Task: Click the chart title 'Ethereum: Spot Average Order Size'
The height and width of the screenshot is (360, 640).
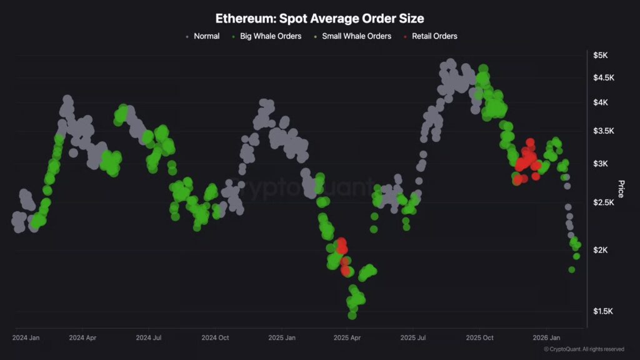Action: pyautogui.click(x=319, y=18)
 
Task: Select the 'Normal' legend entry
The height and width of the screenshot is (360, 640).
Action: pyautogui.click(x=206, y=36)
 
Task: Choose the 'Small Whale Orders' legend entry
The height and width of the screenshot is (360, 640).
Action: pyautogui.click(x=356, y=36)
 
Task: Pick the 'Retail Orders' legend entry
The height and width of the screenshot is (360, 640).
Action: pyautogui.click(x=434, y=36)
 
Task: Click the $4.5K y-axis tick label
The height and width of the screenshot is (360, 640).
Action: pyautogui.click(x=604, y=77)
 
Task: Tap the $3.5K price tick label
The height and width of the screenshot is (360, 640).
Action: pyautogui.click(x=604, y=131)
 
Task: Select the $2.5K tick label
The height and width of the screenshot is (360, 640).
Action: pyautogui.click(x=604, y=203)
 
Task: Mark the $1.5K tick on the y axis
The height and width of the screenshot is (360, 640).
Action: pyautogui.click(x=604, y=311)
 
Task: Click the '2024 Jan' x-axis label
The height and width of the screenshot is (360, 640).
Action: pyautogui.click(x=26, y=337)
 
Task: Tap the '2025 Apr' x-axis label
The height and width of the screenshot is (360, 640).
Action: pyautogui.click(x=348, y=337)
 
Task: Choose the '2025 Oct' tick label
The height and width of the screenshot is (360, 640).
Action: pyautogui.click(x=481, y=337)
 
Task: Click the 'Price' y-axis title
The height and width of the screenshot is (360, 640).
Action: pyautogui.click(x=621, y=189)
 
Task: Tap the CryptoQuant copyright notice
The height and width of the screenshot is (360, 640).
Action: pyautogui.click(x=584, y=349)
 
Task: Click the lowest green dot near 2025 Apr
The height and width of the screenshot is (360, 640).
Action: pyautogui.click(x=352, y=315)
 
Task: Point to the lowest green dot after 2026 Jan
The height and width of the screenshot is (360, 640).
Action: pyautogui.click(x=571, y=269)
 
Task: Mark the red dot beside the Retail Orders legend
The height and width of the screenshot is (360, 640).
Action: pyautogui.click(x=406, y=37)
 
